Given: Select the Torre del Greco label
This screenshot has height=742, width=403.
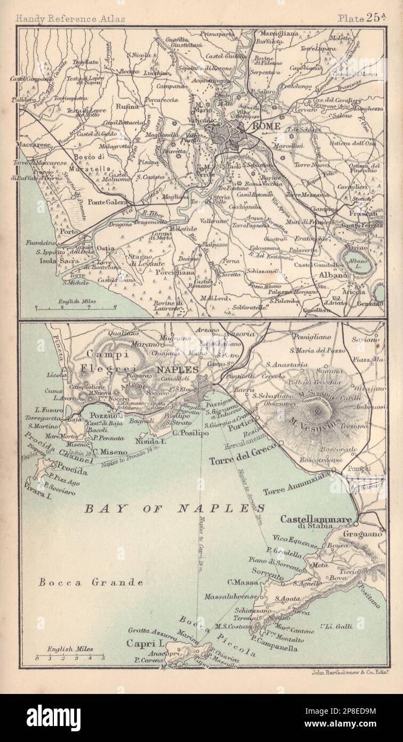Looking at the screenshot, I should click(237, 460).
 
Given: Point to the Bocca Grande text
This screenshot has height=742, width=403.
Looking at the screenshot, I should click(91, 582).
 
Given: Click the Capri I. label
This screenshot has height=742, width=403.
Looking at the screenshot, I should click(140, 644).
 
